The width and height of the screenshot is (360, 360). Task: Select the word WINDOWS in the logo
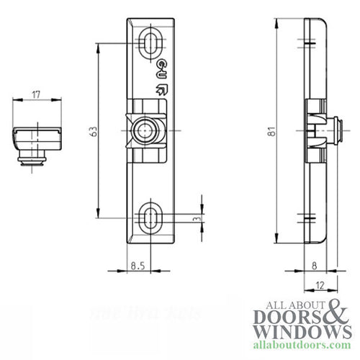(300, 335)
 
